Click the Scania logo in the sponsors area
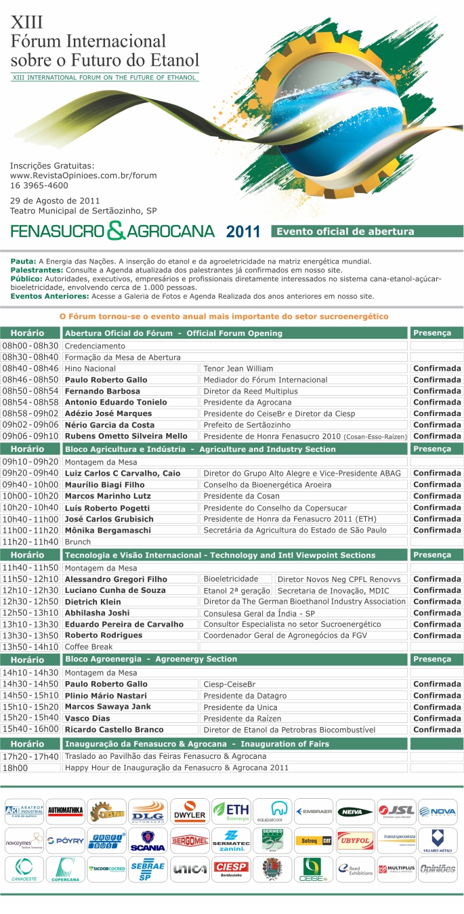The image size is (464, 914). (x=148, y=840)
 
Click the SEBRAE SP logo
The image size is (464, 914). (x=148, y=869)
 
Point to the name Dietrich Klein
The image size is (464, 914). (x=92, y=602)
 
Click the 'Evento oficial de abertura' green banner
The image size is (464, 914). (x=366, y=231)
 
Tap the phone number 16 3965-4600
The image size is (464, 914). (x=39, y=185)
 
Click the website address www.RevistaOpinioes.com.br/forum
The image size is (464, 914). (x=83, y=175)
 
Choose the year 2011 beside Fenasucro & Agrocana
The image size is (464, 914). (x=243, y=232)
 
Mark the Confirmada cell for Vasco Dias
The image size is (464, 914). (x=437, y=718)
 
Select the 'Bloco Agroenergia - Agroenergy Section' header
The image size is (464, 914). (x=150, y=659)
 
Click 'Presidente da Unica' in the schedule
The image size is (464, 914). (x=238, y=707)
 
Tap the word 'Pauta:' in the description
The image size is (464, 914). (x=23, y=261)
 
